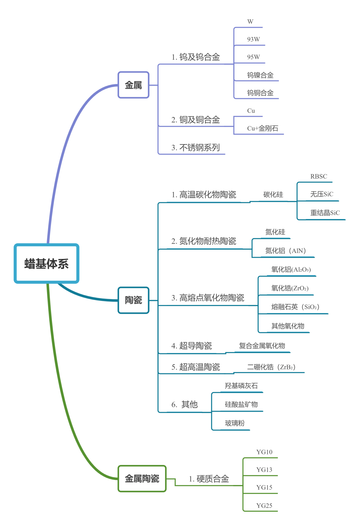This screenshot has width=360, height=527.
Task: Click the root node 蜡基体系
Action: pos(46,264)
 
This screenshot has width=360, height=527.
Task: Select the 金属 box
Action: pos(133,85)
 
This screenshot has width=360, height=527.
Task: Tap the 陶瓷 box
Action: pos(133,300)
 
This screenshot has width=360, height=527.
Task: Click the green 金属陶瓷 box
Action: pos(142,479)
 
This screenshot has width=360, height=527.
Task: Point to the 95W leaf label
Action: pos(253,57)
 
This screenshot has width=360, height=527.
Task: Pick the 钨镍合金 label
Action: pos(260,75)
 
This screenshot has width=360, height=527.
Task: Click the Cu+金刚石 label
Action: pos(262,128)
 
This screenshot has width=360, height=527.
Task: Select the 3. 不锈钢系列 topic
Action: pos(195,147)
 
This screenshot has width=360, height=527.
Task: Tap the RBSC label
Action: pos(318,176)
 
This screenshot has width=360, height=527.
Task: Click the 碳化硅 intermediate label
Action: pos(273,194)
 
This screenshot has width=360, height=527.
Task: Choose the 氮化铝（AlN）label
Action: pos(285,251)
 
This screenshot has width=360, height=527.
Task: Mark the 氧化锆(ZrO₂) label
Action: pos(290,288)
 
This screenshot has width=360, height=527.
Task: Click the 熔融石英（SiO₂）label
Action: pos(295,307)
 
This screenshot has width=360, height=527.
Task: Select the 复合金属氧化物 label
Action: pos(262,346)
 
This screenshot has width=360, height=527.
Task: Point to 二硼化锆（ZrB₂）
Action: pos(271,367)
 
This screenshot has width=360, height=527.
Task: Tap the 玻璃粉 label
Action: pos(235,423)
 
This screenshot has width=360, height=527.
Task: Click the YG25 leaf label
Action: pos(264,505)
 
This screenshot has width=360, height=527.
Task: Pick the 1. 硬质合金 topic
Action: pos(209,479)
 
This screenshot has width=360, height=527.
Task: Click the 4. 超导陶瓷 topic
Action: pos(191,346)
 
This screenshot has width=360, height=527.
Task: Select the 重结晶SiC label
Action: pos(325,213)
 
